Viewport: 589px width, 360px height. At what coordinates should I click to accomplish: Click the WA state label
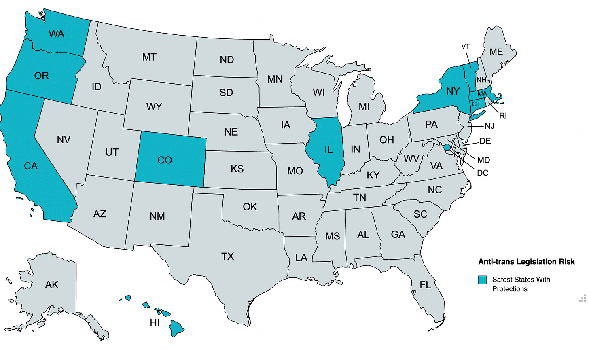[x=56, y=34]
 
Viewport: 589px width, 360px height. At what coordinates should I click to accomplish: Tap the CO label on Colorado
[x=165, y=160]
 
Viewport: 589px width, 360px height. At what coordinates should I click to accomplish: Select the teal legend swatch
[x=482, y=280]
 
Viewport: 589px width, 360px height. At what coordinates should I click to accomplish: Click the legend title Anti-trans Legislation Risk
[x=526, y=262]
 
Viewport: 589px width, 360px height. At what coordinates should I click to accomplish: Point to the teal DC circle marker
[x=447, y=148]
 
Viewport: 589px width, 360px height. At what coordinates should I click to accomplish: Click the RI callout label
[x=503, y=116]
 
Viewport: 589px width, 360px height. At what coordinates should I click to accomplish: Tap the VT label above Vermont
[x=466, y=47]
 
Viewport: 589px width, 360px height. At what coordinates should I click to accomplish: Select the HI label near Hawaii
[x=155, y=322]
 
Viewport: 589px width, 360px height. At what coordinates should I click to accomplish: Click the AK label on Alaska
[x=52, y=285]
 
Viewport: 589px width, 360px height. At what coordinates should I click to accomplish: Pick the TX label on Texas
[x=228, y=256]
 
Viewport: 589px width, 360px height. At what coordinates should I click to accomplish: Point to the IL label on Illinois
[x=328, y=150]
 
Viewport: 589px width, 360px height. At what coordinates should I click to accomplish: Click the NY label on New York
[x=453, y=91]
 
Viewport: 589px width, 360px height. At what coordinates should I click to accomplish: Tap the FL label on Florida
[x=425, y=285]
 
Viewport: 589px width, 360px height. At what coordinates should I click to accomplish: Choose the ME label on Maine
[x=496, y=52]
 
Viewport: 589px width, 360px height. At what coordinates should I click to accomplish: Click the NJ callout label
[x=489, y=126]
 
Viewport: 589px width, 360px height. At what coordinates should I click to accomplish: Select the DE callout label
[x=485, y=141]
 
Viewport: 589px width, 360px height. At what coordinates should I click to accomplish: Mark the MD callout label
[x=483, y=160]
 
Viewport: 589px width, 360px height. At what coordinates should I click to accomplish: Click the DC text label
[x=483, y=173]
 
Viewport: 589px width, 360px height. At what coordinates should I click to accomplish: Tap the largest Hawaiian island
[x=177, y=328]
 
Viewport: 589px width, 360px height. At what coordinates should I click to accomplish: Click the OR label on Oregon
[x=41, y=76]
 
